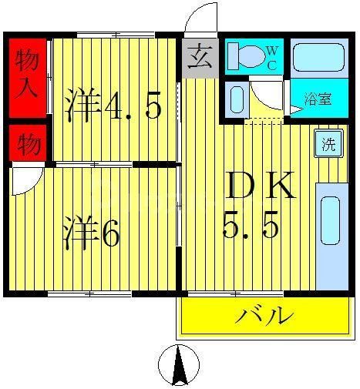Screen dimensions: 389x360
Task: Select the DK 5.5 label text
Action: pyautogui.click(x=259, y=206)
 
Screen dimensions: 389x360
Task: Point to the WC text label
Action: pyautogui.click(x=271, y=58)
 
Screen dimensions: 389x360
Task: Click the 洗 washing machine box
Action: pyautogui.click(x=329, y=145)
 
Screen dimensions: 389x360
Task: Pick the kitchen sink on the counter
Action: pyautogui.click(x=329, y=220)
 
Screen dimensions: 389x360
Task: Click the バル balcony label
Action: pyautogui.click(x=264, y=316)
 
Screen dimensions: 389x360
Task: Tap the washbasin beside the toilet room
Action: pyautogui.click(x=237, y=99)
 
